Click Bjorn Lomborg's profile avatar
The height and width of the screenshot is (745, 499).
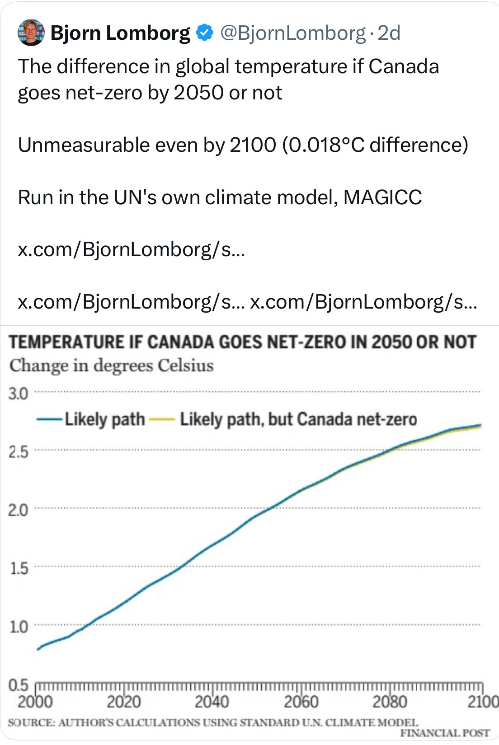tap(31, 33)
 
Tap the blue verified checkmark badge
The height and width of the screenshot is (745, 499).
tap(205, 33)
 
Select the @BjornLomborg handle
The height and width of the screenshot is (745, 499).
tap(292, 33)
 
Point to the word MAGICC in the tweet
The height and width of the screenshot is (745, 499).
tap(382, 197)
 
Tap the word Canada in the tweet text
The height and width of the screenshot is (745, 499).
tap(403, 66)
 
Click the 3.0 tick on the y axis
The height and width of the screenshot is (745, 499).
tap(18, 394)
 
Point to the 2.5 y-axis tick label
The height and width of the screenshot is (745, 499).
tap(18, 451)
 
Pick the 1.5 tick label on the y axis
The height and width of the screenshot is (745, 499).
tap(18, 568)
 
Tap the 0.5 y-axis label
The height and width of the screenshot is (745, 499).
tap(18, 684)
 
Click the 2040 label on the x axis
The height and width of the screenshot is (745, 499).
tap(212, 702)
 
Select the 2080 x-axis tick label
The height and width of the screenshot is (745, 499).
tap(390, 702)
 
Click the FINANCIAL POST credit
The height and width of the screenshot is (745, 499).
tap(445, 733)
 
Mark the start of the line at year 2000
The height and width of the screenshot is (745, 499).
tap(38, 649)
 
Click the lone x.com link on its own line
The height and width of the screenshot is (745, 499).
tap(131, 249)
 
